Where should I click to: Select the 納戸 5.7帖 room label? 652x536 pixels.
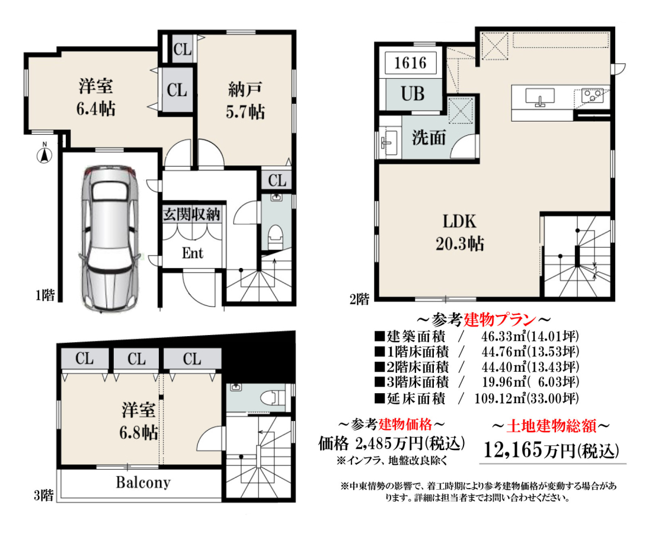(245, 100)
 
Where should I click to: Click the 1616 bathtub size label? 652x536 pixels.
(410, 63)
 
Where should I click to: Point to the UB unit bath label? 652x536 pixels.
(413, 94)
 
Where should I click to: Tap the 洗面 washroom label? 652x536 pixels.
(429, 137)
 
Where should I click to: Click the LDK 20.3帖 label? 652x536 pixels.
(459, 232)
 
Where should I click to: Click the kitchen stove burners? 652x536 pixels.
(593, 95)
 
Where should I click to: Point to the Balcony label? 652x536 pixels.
(143, 483)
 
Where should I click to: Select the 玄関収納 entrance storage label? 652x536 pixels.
(191, 214)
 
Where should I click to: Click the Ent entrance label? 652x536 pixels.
(193, 253)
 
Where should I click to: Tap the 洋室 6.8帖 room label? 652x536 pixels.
(139, 421)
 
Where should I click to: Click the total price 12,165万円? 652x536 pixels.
(551, 451)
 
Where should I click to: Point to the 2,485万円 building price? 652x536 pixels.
(389, 444)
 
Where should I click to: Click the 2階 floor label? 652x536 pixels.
(359, 299)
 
